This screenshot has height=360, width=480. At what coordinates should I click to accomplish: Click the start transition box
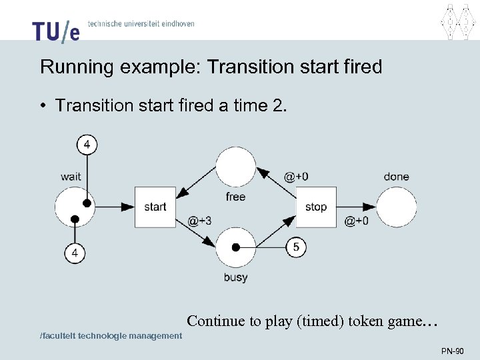(155, 207)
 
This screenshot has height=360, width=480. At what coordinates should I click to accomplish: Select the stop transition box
(316, 207)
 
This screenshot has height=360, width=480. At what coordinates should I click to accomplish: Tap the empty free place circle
(235, 167)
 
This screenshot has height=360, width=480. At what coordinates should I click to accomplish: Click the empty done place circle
(397, 207)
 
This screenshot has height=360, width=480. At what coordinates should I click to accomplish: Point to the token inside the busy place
(235, 247)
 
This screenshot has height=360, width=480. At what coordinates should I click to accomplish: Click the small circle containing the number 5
(296, 247)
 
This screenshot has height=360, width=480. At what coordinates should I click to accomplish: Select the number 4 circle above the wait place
(87, 144)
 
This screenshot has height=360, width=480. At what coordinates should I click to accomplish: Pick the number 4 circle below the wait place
(75, 253)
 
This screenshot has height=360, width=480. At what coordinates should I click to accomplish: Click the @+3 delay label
(200, 221)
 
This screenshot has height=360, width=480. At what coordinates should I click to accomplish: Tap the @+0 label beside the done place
(356, 221)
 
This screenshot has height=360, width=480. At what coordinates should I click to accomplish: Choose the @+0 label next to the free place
(296, 177)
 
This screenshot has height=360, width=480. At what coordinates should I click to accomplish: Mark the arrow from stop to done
(357, 207)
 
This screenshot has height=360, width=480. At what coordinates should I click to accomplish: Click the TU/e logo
(55, 31)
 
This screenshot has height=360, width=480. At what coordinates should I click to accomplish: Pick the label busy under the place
(235, 277)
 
